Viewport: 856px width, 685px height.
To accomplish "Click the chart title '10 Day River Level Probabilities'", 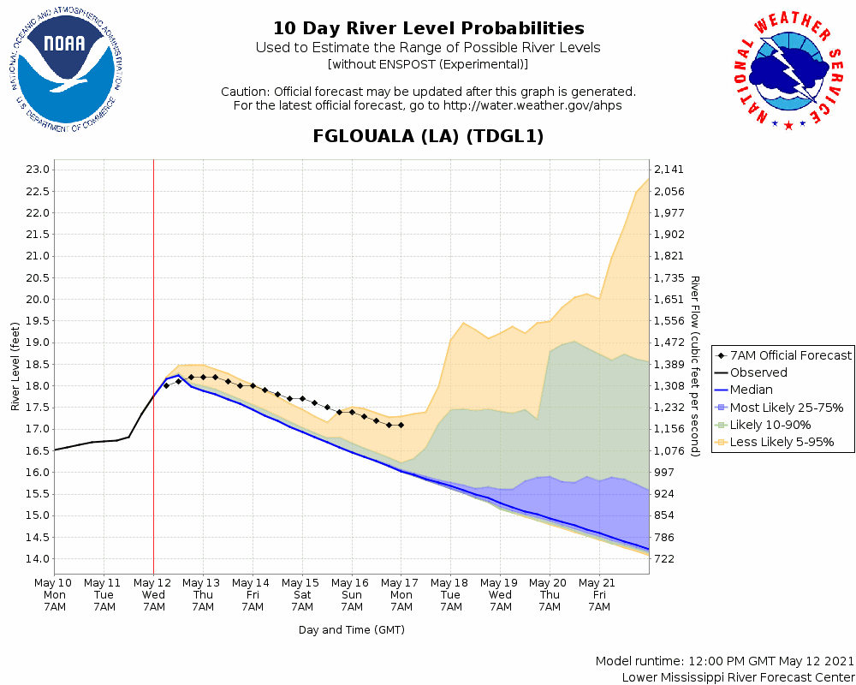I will (428, 29).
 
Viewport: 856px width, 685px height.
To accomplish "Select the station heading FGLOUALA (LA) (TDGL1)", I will (428, 136).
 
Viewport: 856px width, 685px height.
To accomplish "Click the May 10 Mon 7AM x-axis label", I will (55, 594).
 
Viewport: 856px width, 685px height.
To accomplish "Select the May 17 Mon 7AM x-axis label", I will (401, 594).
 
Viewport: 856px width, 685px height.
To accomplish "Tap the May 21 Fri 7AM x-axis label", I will (599, 594).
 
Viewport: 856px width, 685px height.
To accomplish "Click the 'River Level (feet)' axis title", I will (15, 366).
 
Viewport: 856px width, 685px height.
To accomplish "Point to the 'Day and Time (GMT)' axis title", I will (352, 630).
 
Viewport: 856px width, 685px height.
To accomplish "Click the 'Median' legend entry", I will (751, 390).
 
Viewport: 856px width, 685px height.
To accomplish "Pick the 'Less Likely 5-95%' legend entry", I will (782, 443).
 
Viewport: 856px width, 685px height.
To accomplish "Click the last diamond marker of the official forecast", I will (401, 425).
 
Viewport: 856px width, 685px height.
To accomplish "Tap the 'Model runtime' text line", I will (724, 661).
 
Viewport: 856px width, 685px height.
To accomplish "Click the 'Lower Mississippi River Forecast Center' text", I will (738, 677).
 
